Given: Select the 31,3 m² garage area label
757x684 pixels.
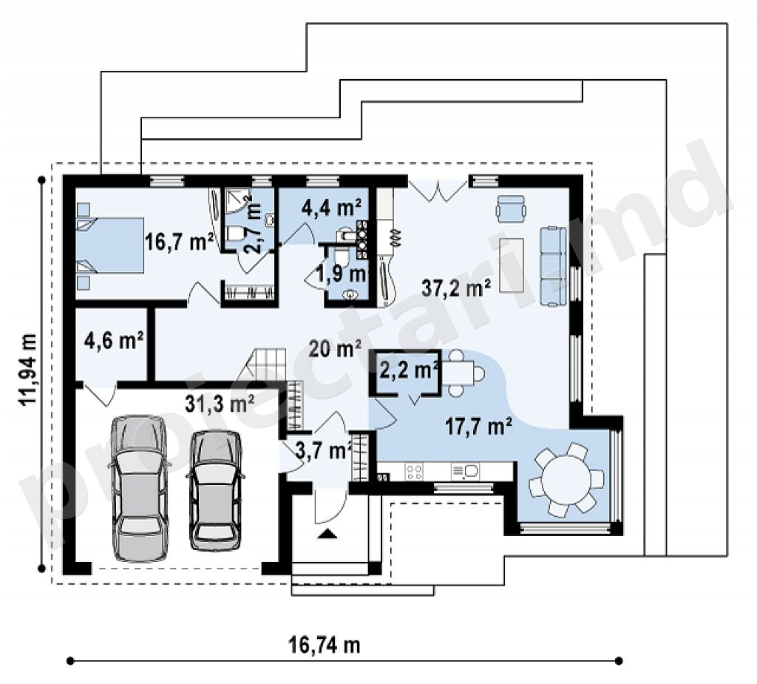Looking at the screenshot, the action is tap(220, 403).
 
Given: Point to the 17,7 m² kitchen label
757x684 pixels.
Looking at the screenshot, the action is tap(478, 427).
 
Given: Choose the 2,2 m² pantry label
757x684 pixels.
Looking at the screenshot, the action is tap(409, 370).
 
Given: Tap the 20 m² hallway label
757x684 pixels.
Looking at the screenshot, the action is tap(335, 348).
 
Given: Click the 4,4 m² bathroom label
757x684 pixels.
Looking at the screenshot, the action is tap(331, 208).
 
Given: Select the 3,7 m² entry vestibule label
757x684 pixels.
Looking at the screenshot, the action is tap(322, 451).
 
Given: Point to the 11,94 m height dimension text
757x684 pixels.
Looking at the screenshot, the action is tap(28, 369).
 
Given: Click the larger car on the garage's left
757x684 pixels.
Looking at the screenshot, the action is tap(140, 488).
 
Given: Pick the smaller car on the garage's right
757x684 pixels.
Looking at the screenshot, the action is tap(215, 490).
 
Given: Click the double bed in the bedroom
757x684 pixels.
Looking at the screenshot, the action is tap(110, 246).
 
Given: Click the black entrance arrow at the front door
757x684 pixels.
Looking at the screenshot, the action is tap(327, 533).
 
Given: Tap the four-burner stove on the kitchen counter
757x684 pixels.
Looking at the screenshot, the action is tap(414, 472).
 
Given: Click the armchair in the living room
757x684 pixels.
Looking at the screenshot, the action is tap(510, 209).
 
